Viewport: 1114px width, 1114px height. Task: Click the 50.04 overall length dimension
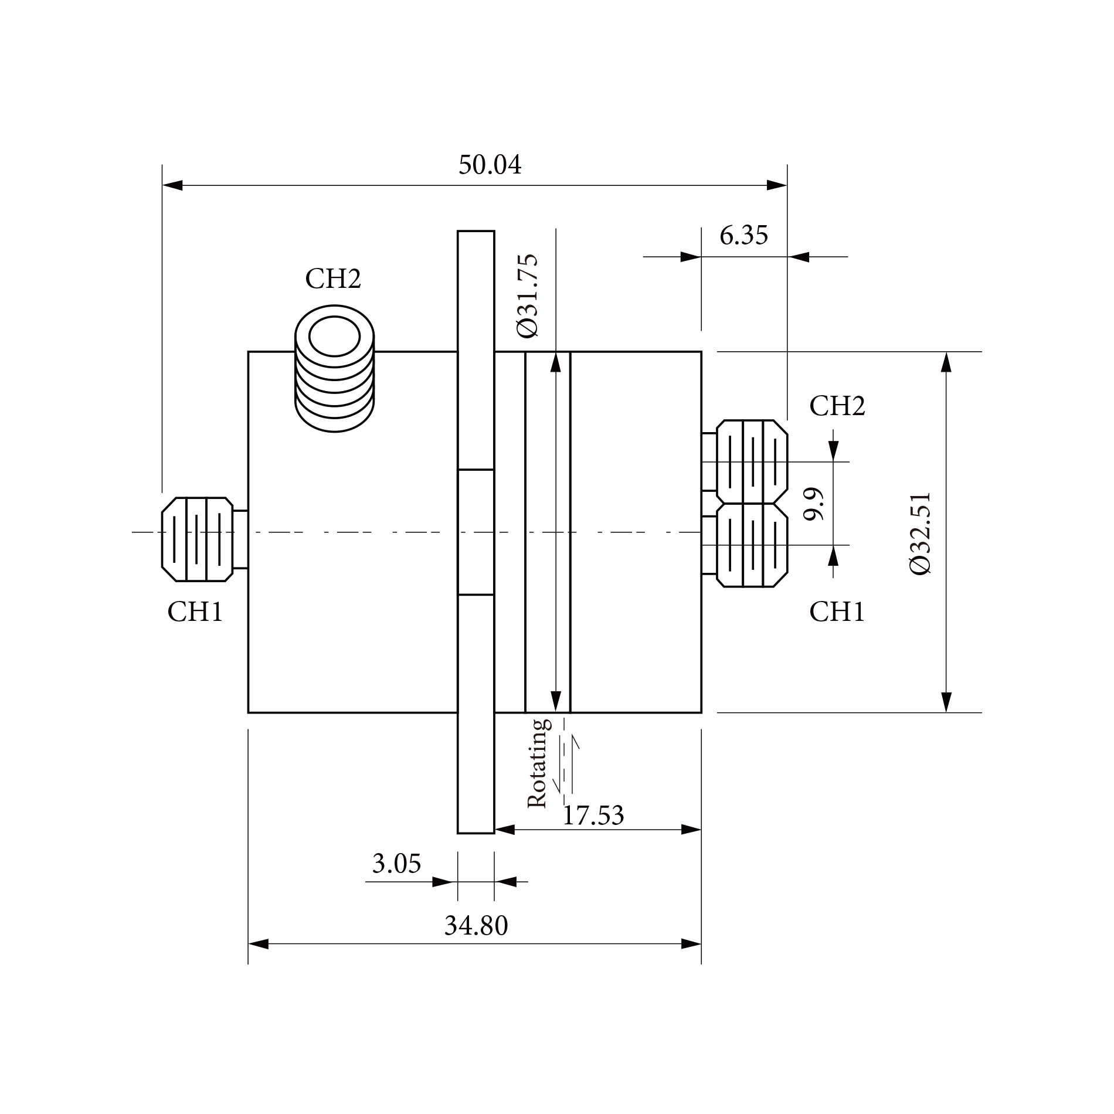tap(490, 165)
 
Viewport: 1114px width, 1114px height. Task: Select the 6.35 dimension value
tap(743, 236)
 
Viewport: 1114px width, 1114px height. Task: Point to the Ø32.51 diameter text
tap(921, 533)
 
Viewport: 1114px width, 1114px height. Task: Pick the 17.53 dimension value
tap(593, 816)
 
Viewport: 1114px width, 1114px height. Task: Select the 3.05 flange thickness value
tap(396, 864)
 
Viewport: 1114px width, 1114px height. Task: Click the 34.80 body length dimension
tap(476, 926)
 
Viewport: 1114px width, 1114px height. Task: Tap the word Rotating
tap(538, 763)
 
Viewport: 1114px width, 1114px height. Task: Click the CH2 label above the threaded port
tap(333, 279)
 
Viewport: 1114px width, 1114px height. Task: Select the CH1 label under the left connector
tap(195, 613)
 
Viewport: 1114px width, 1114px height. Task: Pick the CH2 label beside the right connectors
tap(837, 406)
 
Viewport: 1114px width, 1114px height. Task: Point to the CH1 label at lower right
tap(837, 613)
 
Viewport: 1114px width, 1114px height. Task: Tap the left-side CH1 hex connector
tap(197, 539)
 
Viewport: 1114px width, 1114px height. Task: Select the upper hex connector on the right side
tap(752, 461)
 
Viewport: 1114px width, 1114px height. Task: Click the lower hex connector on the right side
tap(752, 545)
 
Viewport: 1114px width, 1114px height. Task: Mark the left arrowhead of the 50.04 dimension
tap(172, 186)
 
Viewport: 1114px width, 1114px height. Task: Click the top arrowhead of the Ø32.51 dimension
tap(945, 362)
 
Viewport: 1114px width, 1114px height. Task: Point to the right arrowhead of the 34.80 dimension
tap(691, 944)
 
